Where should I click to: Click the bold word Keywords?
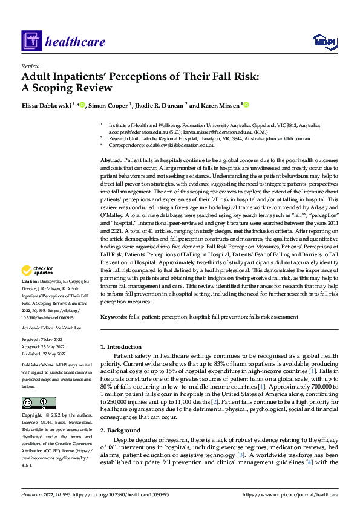113,316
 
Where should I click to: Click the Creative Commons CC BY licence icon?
38,403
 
